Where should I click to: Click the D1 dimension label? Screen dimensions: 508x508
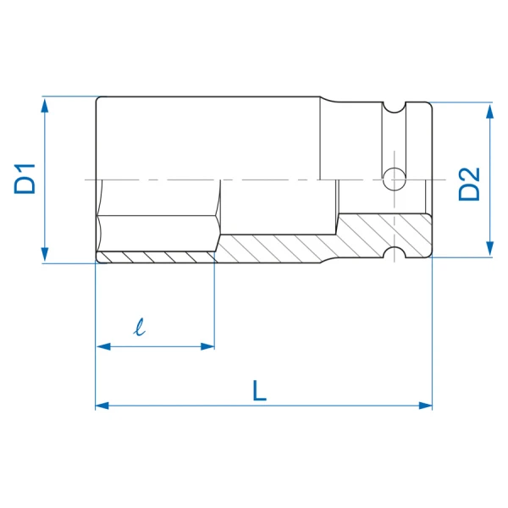(x=25, y=179)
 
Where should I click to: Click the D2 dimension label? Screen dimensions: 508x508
(x=469, y=184)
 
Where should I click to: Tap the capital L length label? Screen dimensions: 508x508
(x=259, y=390)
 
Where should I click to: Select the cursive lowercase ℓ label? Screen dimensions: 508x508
(x=140, y=327)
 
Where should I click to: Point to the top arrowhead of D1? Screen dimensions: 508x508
(x=45, y=106)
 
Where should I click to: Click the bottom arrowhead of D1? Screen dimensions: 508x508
(x=45, y=255)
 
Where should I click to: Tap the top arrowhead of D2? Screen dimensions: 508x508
(x=490, y=112)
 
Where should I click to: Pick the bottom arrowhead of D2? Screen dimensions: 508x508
(x=490, y=249)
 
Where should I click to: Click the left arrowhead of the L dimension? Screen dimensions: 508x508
(x=102, y=406)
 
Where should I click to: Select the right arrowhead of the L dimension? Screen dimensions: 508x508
(x=425, y=406)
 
